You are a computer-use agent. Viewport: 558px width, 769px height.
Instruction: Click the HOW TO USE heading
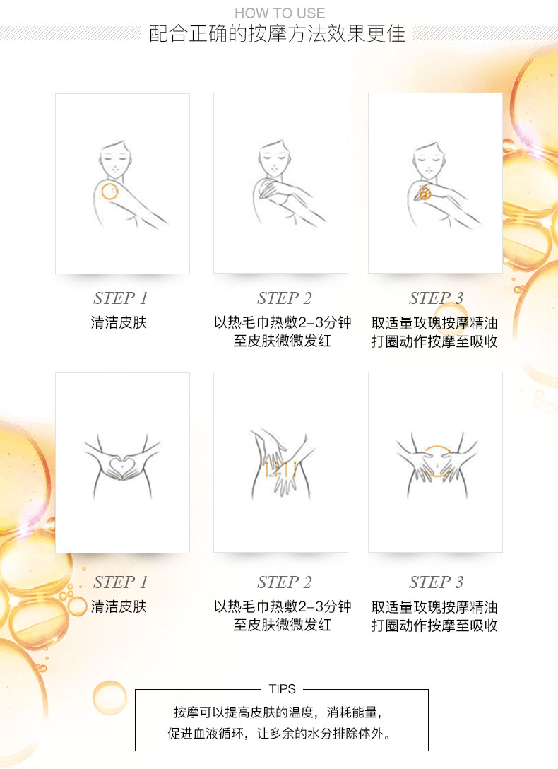280,13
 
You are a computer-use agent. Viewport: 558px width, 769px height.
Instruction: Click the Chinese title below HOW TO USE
278,34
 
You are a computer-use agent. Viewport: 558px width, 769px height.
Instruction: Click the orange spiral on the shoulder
425,193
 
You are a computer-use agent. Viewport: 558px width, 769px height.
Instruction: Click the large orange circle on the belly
437,446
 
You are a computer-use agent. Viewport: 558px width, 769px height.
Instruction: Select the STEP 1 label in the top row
121,298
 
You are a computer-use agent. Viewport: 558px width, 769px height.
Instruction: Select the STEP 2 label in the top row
284,298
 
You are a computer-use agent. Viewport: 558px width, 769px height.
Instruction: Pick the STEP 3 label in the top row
436,298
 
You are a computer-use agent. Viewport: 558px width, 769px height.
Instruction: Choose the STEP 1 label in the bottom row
121,582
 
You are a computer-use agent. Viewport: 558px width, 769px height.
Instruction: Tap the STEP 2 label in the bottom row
284,582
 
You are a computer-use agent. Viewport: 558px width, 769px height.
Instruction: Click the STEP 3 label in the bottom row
436,582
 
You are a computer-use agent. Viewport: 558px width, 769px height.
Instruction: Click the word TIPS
283,689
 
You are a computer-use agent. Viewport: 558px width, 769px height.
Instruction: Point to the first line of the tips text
278,712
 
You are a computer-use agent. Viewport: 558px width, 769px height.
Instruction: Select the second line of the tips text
280,734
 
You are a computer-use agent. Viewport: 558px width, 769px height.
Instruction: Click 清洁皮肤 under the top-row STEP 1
119,322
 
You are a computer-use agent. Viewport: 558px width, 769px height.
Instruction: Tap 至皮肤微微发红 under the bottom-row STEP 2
283,625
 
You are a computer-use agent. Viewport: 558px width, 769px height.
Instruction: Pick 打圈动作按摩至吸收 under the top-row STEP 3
434,341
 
